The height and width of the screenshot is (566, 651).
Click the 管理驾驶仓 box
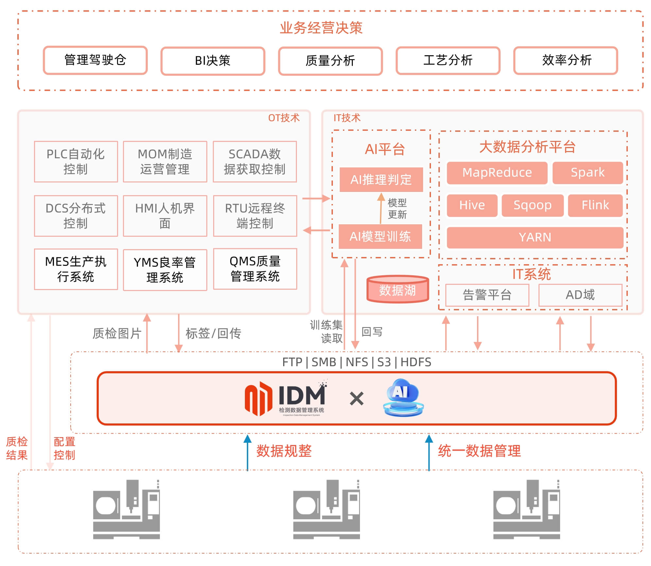pyautogui.click(x=95, y=60)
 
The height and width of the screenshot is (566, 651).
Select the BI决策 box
pyautogui.click(x=213, y=61)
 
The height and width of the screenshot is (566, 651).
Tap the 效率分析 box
pyautogui.click(x=565, y=60)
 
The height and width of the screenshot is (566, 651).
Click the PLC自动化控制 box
pyautogui.click(x=76, y=162)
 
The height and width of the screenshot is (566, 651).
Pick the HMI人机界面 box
pyautogui.click(x=165, y=216)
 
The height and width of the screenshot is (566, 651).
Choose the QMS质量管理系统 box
pyautogui.click(x=255, y=269)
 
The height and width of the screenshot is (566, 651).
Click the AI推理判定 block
pyautogui.click(x=381, y=180)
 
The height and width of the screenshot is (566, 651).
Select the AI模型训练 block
pyautogui.click(x=380, y=236)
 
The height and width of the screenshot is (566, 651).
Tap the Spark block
pyautogui.click(x=588, y=173)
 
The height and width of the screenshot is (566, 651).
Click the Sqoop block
pyautogui.click(x=532, y=205)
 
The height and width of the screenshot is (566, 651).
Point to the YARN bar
pyautogui.click(x=535, y=237)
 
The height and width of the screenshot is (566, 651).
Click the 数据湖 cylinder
pyautogui.click(x=398, y=289)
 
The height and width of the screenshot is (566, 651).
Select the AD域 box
pyautogui.click(x=580, y=295)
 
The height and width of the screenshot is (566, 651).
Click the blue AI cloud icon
pyautogui.click(x=403, y=397)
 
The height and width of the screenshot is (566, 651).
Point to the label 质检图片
pyautogui.click(x=117, y=334)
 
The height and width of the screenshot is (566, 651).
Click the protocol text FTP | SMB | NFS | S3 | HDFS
pyautogui.click(x=357, y=362)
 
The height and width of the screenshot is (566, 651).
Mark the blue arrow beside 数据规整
pyautogui.click(x=248, y=453)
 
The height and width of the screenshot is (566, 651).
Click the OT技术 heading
pyautogui.click(x=284, y=118)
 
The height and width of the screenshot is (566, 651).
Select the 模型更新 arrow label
pyautogui.click(x=397, y=209)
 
